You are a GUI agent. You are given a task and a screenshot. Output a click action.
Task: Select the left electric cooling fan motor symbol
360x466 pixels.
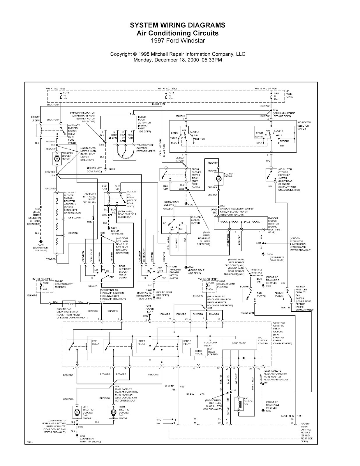tap(77, 412)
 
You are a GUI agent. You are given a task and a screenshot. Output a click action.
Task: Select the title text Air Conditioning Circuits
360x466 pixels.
tap(177, 33)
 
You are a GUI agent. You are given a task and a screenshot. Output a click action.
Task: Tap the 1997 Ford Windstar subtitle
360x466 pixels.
tap(177, 40)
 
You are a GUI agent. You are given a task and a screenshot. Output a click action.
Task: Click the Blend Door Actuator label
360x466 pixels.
tap(144, 124)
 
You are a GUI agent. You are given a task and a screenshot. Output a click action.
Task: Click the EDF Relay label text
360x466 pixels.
tap(96, 342)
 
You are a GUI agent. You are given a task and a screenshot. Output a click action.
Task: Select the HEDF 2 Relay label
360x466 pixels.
tap(187, 342)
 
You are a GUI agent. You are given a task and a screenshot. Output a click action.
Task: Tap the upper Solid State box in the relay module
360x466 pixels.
tap(239, 343)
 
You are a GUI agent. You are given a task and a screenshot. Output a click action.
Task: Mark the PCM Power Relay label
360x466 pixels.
tap(149, 309)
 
